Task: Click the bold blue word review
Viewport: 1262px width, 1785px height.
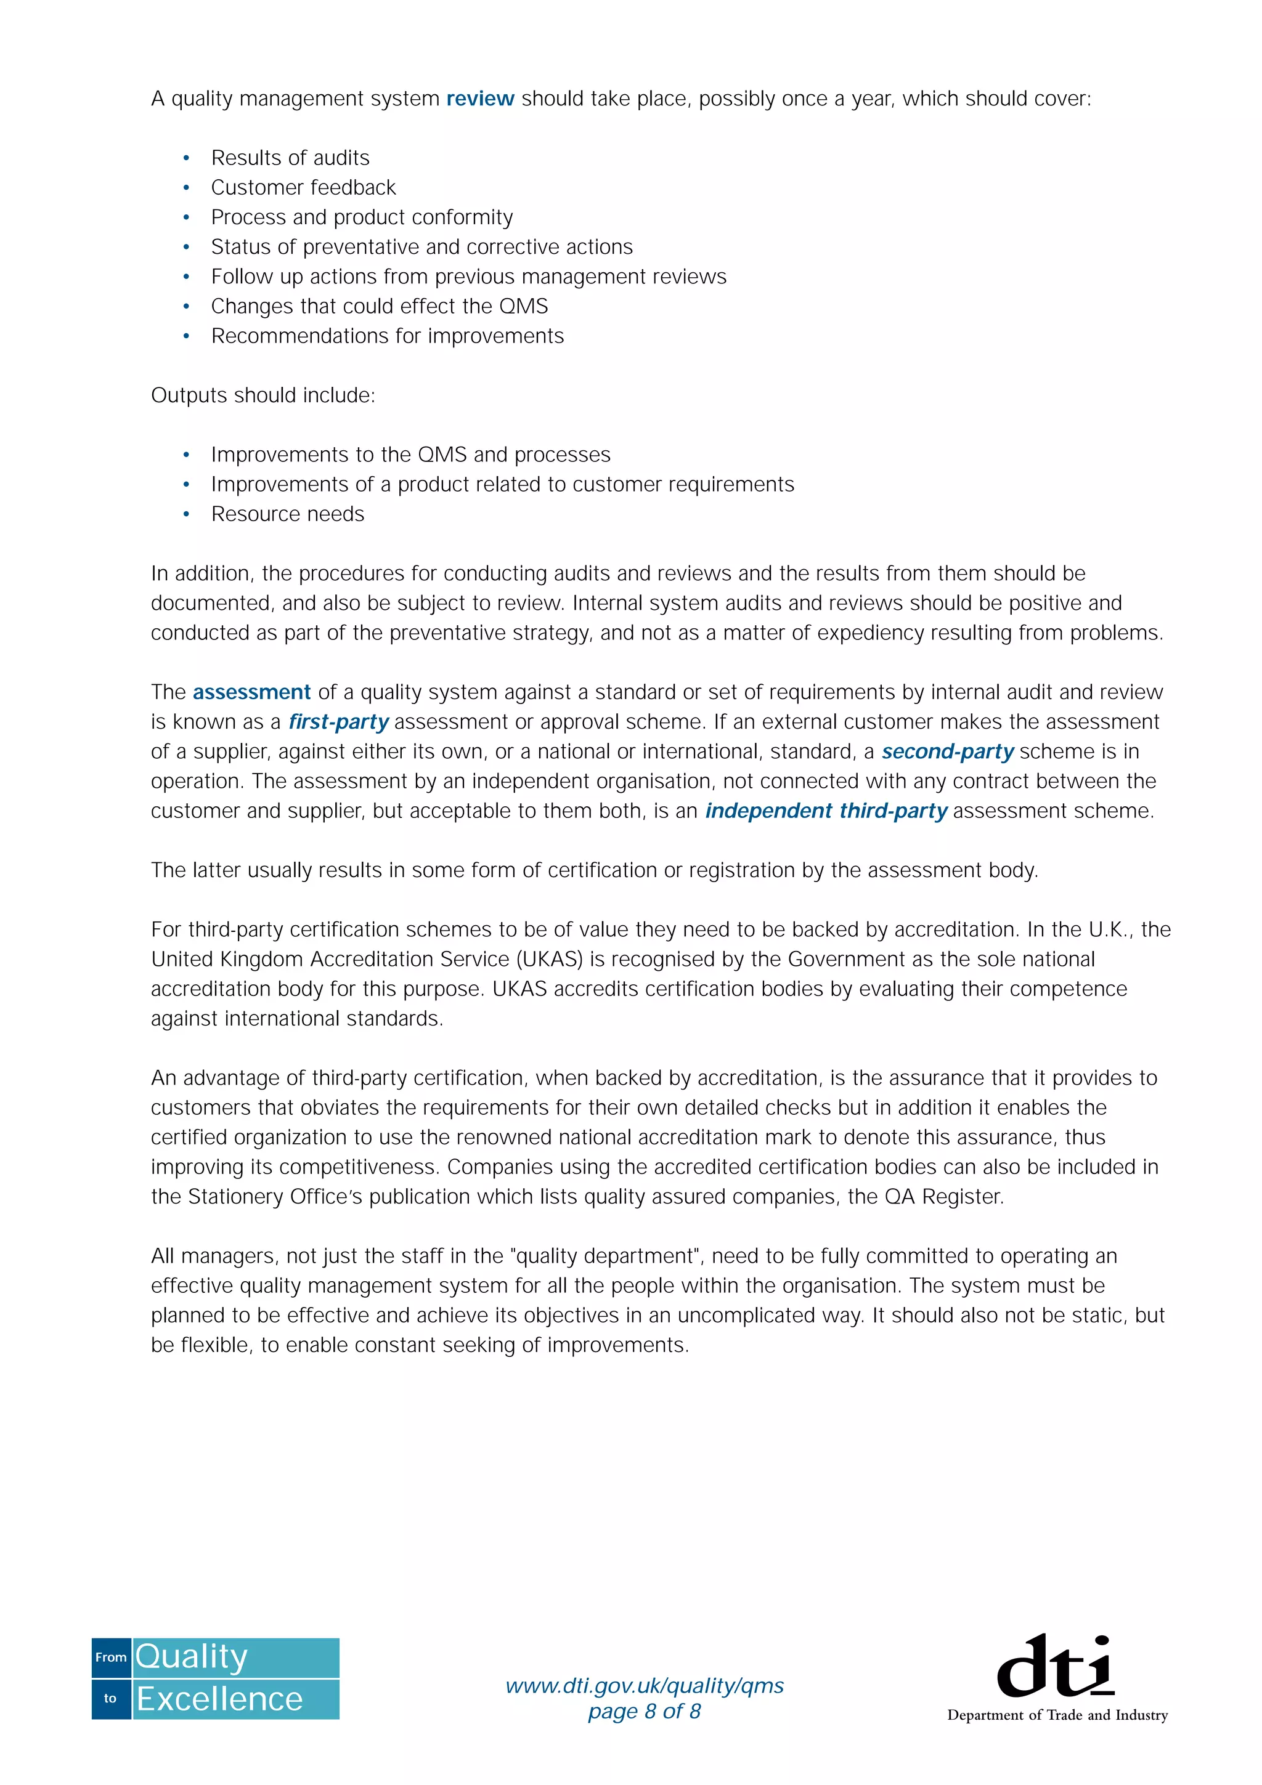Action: [x=480, y=99]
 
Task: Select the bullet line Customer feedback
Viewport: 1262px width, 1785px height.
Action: [x=303, y=187]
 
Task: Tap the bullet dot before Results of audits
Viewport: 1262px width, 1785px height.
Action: [x=187, y=158]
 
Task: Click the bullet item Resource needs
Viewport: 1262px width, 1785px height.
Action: [x=287, y=514]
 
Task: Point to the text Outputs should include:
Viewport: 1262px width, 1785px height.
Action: [x=263, y=395]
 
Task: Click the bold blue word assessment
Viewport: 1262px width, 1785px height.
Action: [x=251, y=692]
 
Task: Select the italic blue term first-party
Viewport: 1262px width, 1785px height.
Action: [x=338, y=722]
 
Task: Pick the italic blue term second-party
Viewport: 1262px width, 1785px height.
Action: [x=947, y=752]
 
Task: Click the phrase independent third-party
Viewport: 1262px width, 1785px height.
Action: [x=826, y=811]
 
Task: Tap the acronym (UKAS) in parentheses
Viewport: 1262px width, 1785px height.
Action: [x=552, y=960]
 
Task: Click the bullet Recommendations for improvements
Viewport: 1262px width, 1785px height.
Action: [x=387, y=336]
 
